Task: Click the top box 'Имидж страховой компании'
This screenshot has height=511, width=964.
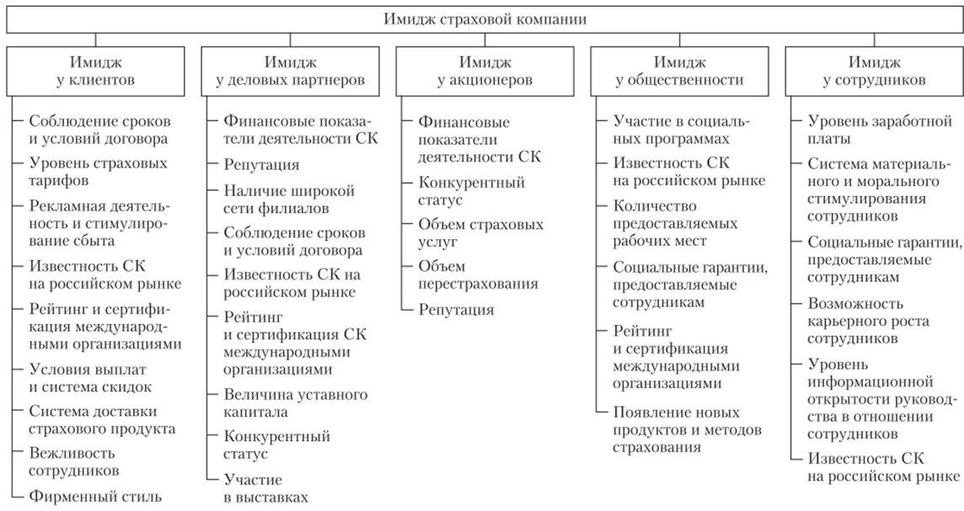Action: (484, 19)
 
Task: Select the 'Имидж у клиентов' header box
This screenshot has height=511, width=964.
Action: (96, 71)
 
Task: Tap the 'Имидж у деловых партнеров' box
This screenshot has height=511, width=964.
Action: (290, 71)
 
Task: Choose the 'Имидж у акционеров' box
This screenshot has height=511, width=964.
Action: (484, 71)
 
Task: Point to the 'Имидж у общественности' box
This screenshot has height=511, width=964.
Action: (678, 71)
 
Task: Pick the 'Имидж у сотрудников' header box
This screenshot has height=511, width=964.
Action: (873, 71)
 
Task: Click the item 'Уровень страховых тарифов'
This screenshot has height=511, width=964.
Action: (98, 171)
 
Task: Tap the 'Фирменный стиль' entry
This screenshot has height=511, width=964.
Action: (95, 497)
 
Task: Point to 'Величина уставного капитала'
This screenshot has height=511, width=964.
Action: (295, 402)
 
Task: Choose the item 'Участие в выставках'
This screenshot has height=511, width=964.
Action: (265, 488)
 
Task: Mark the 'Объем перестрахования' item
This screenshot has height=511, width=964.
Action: (478, 274)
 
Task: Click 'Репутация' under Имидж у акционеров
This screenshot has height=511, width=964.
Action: (456, 310)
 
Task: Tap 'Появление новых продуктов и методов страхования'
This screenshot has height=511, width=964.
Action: (687, 429)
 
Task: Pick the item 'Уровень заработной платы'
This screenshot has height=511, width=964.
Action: (879, 130)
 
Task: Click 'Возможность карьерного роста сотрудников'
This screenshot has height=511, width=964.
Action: (855, 320)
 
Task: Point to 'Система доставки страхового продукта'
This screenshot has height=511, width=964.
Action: (102, 419)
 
